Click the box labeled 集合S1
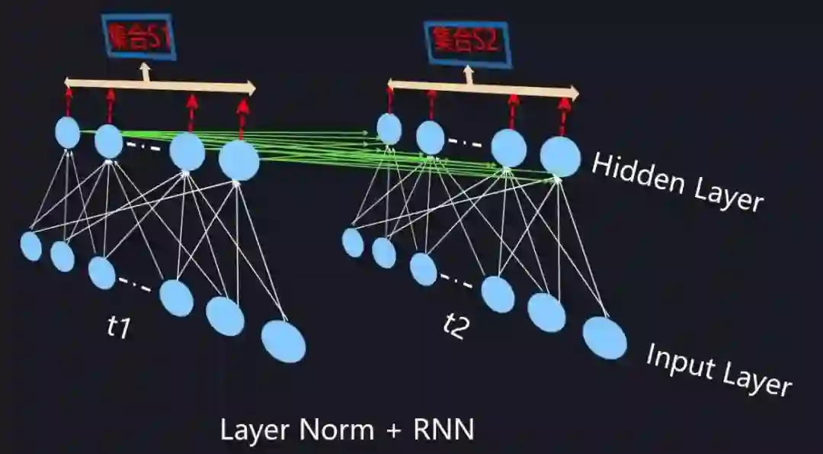pos(140,36)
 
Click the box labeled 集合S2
pos(466,40)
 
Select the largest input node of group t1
pos(283,341)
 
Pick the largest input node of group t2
pos(605,337)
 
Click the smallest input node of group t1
pos(31,246)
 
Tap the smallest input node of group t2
pos(353,243)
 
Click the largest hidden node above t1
pos(239,161)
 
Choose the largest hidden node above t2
pos(560,156)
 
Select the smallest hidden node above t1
pos(68,132)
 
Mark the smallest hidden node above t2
pos(389,128)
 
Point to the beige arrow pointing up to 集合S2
pos(469,75)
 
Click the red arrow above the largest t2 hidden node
pos(563,115)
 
